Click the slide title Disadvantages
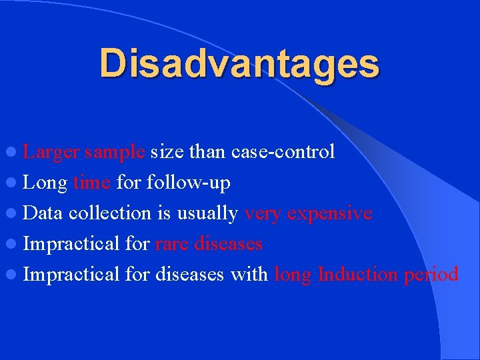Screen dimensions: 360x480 (x=239, y=63)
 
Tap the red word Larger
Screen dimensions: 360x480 (x=51, y=152)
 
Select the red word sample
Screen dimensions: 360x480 (x=115, y=152)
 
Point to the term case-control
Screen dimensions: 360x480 (x=283, y=152)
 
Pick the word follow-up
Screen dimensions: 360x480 (x=187, y=182)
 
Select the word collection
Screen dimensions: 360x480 (x=110, y=213)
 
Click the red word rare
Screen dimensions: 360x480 (x=171, y=243)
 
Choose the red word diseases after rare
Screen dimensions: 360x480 (x=228, y=243)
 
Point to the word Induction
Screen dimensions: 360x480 (x=358, y=274)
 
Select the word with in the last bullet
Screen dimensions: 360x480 (x=249, y=274)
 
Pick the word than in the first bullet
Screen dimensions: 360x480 (x=208, y=152)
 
